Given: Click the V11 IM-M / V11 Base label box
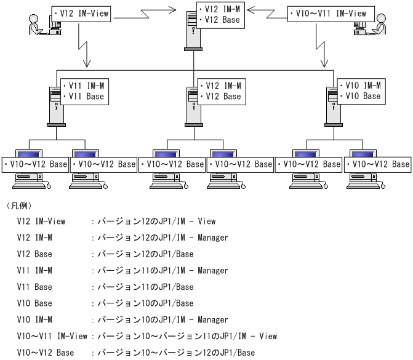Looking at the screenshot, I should click(x=84, y=91).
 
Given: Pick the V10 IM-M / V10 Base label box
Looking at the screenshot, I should click(x=360, y=91).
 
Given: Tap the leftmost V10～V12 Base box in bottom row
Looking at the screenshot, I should click(x=35, y=164).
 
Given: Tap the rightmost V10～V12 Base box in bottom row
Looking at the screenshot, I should click(x=377, y=164).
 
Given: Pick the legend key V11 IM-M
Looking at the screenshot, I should click(x=35, y=271).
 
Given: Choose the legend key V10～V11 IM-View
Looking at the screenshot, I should click(x=52, y=337).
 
